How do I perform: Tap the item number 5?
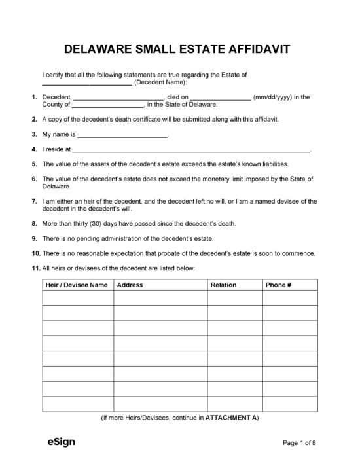coord(34,164)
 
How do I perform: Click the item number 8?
coord(34,224)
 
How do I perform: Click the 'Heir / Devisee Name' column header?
coord(77,285)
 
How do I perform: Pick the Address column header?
coord(130,285)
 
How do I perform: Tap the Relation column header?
coord(223,285)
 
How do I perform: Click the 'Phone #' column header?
coord(278,285)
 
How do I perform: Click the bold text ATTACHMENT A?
coord(232,418)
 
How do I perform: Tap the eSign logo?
coord(61,442)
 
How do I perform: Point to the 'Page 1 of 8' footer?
coord(299,443)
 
